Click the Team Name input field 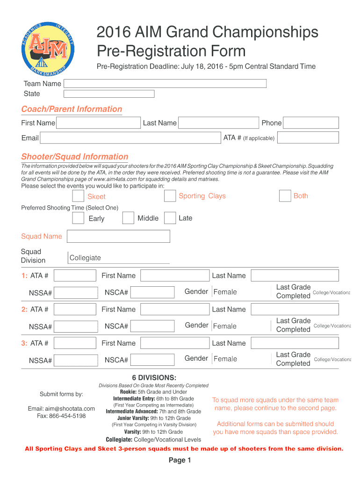(165, 84)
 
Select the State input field (108, 94)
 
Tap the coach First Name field (98, 123)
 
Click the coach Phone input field (311, 123)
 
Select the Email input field (130, 138)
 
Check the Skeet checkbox (78, 196)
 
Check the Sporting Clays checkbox (170, 196)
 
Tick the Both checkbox (285, 196)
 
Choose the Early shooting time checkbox (78, 218)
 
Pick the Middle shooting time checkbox (128, 218)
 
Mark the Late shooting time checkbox (170, 218)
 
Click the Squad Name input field (119, 236)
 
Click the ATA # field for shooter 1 (75, 276)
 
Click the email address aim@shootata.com (61, 408)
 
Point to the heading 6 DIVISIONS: (154, 377)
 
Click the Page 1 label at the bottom (180, 460)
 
